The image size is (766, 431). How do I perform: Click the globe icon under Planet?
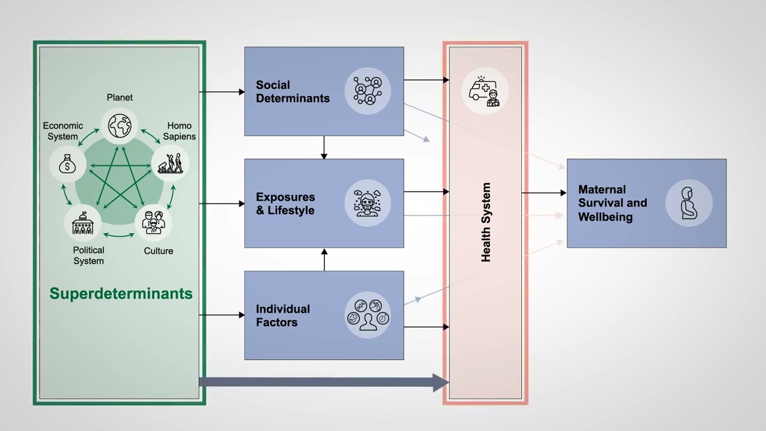point(119,126)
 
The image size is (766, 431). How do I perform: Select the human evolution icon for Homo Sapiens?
point(170,163)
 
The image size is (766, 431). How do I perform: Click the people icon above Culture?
point(153,223)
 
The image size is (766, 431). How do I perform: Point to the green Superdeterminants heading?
point(121,293)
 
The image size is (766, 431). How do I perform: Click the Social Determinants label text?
point(293,92)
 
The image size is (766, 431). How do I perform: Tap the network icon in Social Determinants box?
point(367,92)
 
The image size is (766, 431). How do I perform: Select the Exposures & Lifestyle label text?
point(285,204)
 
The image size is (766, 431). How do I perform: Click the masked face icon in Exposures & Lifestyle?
point(367,204)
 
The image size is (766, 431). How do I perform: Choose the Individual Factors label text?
point(283,315)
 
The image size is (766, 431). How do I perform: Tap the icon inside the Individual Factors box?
point(367,315)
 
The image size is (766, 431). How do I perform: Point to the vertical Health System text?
point(486,222)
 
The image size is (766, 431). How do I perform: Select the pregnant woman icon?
point(688,204)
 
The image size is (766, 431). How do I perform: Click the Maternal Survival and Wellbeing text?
point(612,204)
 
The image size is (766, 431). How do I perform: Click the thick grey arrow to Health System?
point(323,382)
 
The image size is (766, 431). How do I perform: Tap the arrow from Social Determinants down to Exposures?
point(324,147)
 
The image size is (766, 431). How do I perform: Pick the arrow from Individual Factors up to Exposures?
point(324,259)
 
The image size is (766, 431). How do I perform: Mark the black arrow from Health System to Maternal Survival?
point(543,193)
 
